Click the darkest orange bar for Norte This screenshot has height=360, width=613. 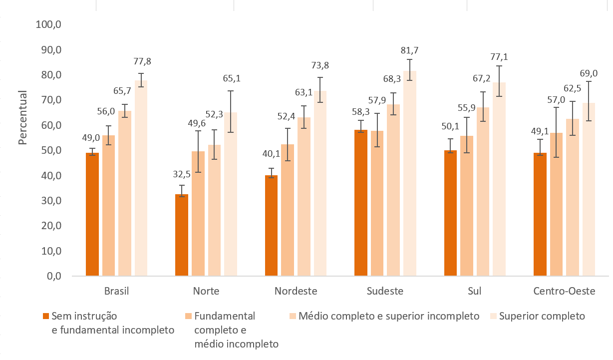click(x=182, y=235)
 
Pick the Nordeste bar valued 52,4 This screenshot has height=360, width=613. click(x=287, y=210)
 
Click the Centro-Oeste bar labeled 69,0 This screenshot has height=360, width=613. click(x=589, y=189)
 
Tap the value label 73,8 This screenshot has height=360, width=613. click(x=320, y=66)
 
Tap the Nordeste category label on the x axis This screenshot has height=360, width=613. click(x=296, y=291)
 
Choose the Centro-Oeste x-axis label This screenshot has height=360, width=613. click(x=564, y=291)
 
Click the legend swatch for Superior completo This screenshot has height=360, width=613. click(x=494, y=316)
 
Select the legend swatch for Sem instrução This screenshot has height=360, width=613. click(x=46, y=316)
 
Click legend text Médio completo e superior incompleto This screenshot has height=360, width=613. click(x=389, y=316)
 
